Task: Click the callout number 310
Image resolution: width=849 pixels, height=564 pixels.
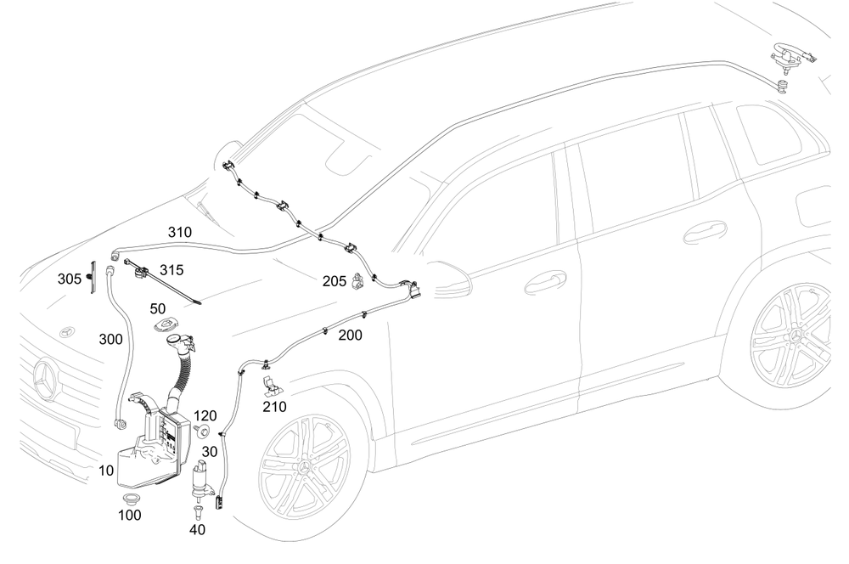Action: (x=179, y=232)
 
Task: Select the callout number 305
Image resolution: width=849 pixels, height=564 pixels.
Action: (x=70, y=279)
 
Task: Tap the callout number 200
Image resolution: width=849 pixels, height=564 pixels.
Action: (x=350, y=336)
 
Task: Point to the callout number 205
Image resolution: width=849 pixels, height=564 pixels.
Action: (x=334, y=280)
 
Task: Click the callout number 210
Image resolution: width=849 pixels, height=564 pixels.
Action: (x=274, y=407)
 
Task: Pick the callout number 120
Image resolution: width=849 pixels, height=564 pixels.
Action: (x=206, y=416)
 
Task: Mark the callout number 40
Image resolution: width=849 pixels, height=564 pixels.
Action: (x=197, y=529)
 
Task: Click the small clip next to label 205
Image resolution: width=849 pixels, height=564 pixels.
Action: (x=362, y=279)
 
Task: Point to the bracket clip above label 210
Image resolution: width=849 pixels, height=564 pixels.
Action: (x=271, y=384)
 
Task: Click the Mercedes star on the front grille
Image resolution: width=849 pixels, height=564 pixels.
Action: (x=44, y=381)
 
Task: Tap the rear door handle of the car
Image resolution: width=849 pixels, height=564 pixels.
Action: (x=705, y=231)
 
